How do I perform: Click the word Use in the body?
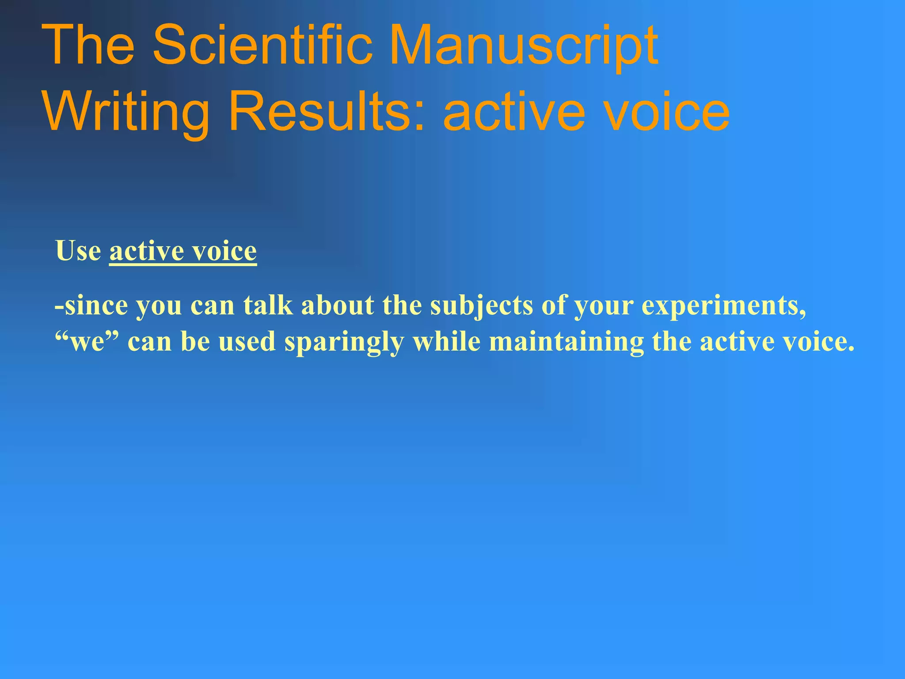(78, 251)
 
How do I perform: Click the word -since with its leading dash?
(91, 305)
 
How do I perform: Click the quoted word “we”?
(87, 341)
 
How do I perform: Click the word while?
(447, 341)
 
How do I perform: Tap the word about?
(338, 305)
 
